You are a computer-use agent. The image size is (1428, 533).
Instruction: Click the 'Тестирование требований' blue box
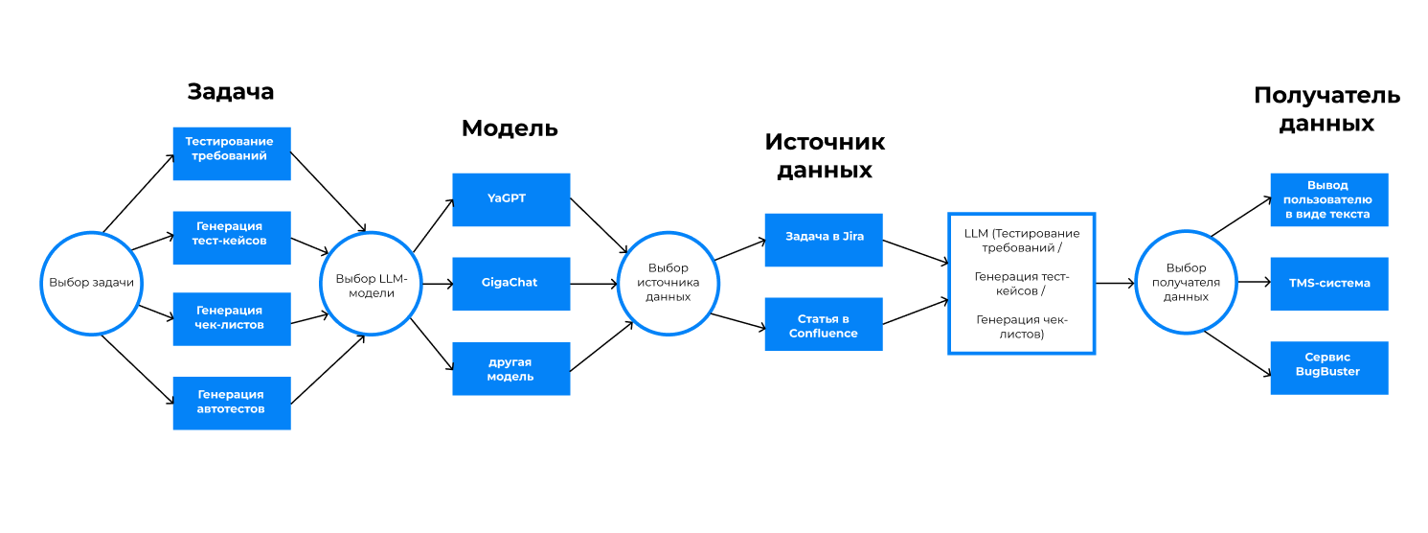coord(232,153)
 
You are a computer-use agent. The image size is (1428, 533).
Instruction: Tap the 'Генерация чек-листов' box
coord(232,318)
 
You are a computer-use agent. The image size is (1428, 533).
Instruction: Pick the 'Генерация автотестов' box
coord(232,402)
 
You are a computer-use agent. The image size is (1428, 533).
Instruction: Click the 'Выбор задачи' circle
coord(91,283)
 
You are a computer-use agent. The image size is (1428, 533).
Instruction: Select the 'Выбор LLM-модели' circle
coord(372,283)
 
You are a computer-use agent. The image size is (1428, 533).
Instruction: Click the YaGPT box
coord(510,199)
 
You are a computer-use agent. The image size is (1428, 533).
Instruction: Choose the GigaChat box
coord(510,283)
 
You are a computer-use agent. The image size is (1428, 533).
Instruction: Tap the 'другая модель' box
coord(510,368)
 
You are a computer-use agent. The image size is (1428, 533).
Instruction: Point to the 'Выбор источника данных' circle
coord(669,283)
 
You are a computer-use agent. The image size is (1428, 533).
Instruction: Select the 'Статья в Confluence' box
coord(824,325)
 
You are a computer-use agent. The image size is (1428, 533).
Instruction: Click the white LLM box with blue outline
coord(1021,283)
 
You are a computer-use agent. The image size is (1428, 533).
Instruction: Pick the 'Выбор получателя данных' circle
coord(1186,283)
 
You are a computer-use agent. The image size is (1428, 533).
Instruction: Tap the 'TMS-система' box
coord(1328,283)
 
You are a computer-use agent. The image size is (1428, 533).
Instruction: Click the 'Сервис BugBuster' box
coord(1328,367)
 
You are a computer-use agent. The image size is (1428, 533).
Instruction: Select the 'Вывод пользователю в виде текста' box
coord(1328,199)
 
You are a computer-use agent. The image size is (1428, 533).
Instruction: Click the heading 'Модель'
coord(510,128)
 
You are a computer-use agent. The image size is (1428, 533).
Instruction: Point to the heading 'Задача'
coord(231,92)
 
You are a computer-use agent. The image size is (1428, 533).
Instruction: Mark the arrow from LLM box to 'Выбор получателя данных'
coord(1115,283)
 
